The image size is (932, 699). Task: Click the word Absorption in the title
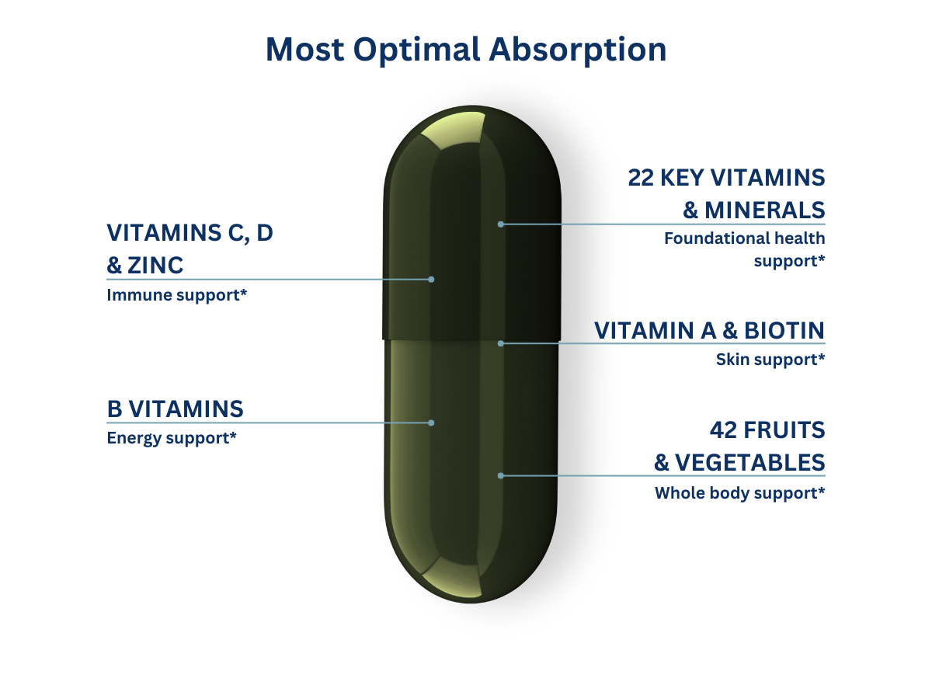[578, 50]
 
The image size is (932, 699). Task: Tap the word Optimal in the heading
[416, 50]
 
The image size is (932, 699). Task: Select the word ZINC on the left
[155, 266]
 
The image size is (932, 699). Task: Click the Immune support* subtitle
[176, 295]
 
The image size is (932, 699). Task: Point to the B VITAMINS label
[175, 409]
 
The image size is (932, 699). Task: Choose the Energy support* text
[172, 438]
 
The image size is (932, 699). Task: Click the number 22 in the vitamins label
[640, 177]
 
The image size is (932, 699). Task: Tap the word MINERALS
[765, 210]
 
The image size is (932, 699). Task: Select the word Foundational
[716, 238]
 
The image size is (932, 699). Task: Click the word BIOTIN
[784, 331]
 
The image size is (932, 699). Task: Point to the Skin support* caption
[770, 360]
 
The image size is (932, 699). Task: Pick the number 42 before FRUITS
[723, 430]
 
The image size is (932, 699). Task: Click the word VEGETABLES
[749, 463]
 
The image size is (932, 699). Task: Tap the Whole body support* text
[739, 493]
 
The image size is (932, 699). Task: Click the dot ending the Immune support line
[431, 280]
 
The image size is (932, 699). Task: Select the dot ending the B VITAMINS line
[431, 423]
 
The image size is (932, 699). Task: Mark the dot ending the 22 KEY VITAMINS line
[501, 224]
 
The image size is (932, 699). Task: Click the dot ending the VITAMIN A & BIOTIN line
[501, 343]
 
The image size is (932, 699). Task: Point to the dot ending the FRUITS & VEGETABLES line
[501, 476]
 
